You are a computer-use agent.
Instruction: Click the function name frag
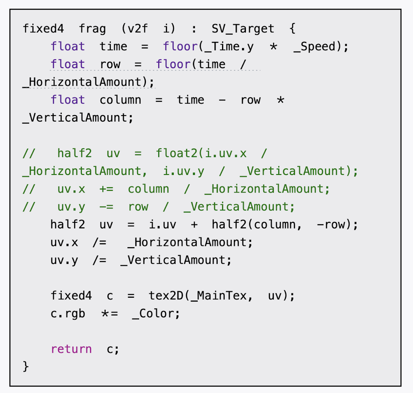pos(92,29)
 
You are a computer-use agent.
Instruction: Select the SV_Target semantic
pos(243,29)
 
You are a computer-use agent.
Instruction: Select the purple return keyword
pos(71,349)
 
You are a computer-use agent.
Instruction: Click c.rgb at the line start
pos(68,314)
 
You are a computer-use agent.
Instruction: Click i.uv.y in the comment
pos(183,171)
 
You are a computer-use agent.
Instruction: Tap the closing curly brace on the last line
pos(26,366)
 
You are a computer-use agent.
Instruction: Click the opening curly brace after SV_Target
pos(292,29)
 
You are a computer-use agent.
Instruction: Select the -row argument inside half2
pos(331,225)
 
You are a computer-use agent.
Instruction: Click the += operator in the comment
pos(106,189)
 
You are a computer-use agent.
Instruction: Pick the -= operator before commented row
pos(106,207)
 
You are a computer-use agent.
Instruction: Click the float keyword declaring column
pos(68,100)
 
